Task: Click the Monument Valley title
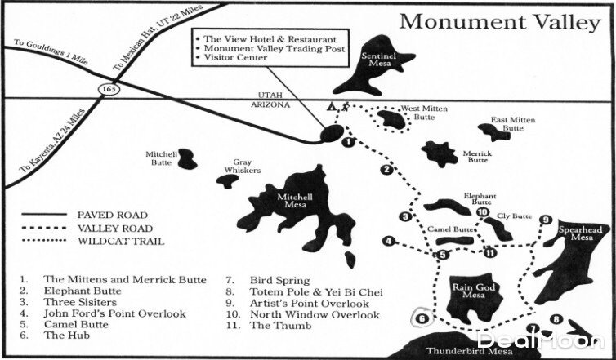pos(500,22)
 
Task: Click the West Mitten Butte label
pos(422,113)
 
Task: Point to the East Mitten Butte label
pos(513,124)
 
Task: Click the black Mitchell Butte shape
pos(186,158)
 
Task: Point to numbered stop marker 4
pos(390,242)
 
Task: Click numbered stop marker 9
pos(546,220)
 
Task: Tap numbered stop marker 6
pos(422,318)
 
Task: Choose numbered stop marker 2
pos(386,170)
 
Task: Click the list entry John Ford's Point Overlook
pos(114,313)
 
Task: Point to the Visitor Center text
pos(238,58)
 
